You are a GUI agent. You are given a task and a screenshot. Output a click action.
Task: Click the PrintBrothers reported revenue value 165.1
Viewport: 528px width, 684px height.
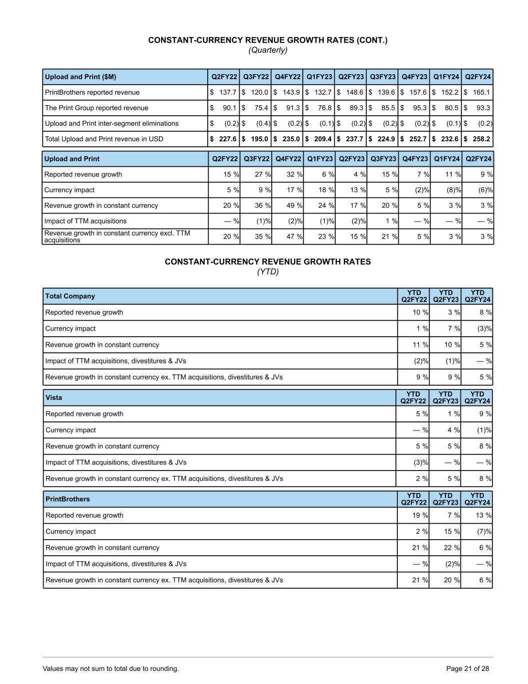point(481,92)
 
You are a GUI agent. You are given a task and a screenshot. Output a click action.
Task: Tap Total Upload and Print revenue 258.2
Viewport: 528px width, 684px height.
point(481,139)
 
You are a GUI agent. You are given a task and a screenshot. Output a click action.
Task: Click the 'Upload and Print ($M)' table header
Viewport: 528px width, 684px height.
point(81,77)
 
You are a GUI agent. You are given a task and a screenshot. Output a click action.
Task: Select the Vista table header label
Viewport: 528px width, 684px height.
point(54,397)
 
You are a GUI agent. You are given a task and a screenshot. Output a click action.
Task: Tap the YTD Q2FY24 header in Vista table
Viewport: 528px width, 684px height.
point(477,397)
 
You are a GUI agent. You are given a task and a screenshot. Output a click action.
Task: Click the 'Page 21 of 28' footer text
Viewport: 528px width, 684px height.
point(467,668)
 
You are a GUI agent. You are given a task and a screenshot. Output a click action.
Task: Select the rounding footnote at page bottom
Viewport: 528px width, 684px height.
point(111,668)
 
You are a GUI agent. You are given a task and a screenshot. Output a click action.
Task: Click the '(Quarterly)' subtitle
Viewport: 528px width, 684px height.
point(268,50)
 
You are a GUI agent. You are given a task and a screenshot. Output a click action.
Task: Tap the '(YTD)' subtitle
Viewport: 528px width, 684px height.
point(268,272)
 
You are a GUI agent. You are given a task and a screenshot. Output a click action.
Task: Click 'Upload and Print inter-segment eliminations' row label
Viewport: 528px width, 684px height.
point(112,123)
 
